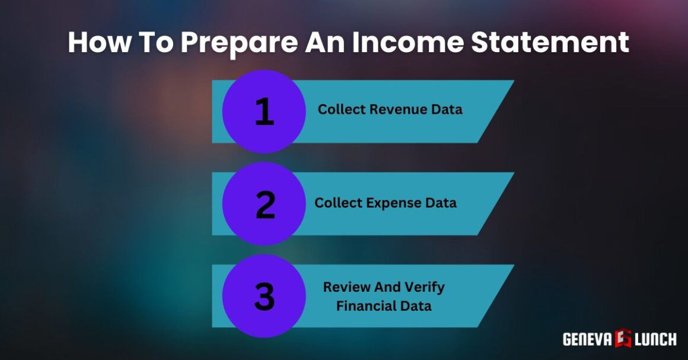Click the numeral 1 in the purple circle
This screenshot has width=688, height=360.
tap(264, 111)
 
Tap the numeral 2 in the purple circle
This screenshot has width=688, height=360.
tap(265, 204)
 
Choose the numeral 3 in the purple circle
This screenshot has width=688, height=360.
tap(264, 297)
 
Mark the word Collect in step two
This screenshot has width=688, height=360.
tap(337, 203)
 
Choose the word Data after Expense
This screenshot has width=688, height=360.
tap(441, 203)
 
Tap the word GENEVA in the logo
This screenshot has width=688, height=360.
tap(586, 339)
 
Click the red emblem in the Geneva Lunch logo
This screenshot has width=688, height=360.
tap(623, 339)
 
